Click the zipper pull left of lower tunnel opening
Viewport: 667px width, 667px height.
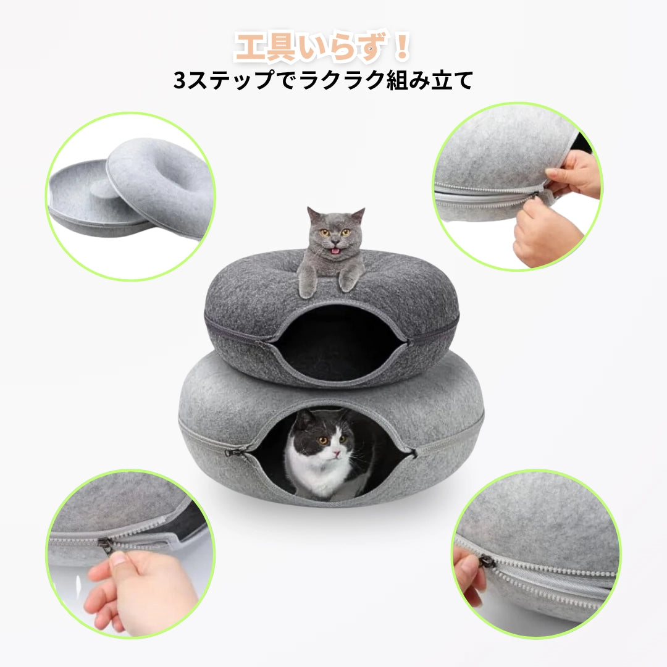tap(230, 453)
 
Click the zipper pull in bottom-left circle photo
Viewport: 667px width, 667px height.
tap(106, 545)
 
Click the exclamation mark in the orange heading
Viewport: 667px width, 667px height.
tap(402, 48)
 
